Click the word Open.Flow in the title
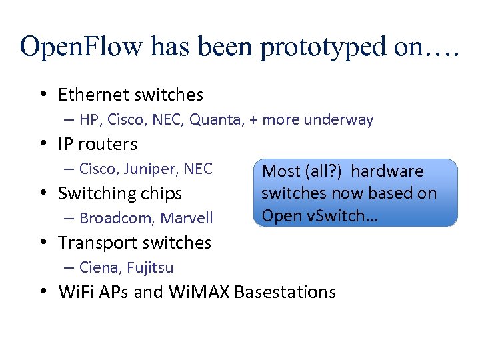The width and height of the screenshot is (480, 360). pyautogui.click(x=81, y=47)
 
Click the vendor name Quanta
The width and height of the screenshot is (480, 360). pyautogui.click(x=215, y=120)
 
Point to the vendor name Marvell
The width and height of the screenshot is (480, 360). pyautogui.click(x=187, y=218)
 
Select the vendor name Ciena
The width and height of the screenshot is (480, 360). pyautogui.click(x=97, y=267)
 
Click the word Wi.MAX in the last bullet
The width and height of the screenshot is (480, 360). pyautogui.click(x=199, y=292)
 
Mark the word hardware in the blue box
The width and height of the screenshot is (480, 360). pyautogui.click(x=387, y=171)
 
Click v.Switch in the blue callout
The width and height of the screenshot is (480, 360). pyautogui.click(x=331, y=215)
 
